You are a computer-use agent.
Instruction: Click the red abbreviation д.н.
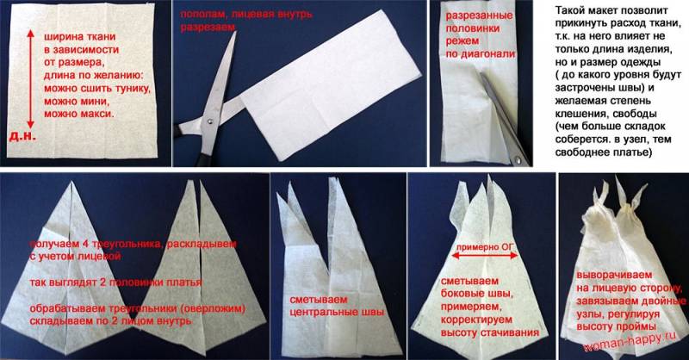(x=22, y=136)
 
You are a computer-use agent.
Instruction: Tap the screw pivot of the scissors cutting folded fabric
(x=209, y=120)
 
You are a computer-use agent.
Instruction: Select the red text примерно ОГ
(x=485, y=247)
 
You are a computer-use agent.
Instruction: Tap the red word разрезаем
(x=208, y=28)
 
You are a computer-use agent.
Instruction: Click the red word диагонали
(x=487, y=54)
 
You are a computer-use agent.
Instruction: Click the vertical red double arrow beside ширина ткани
(x=30, y=78)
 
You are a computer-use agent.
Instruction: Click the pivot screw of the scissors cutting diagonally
(x=519, y=160)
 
